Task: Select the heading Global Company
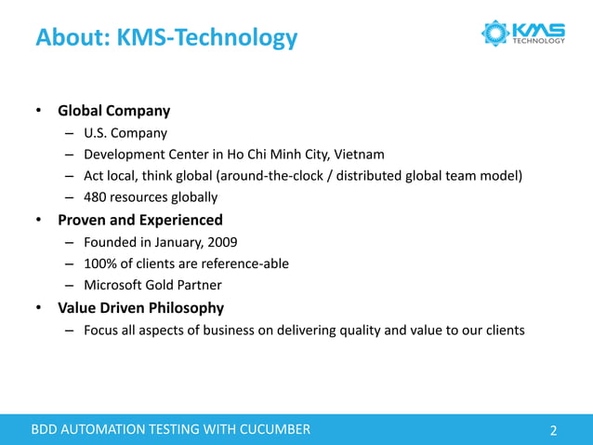113,111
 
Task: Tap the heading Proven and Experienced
139,221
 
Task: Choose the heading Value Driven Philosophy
140,307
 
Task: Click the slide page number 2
554,430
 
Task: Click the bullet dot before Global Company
39,112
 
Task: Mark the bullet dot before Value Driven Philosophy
39,308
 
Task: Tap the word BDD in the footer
46,429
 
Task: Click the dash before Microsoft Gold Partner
70,285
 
